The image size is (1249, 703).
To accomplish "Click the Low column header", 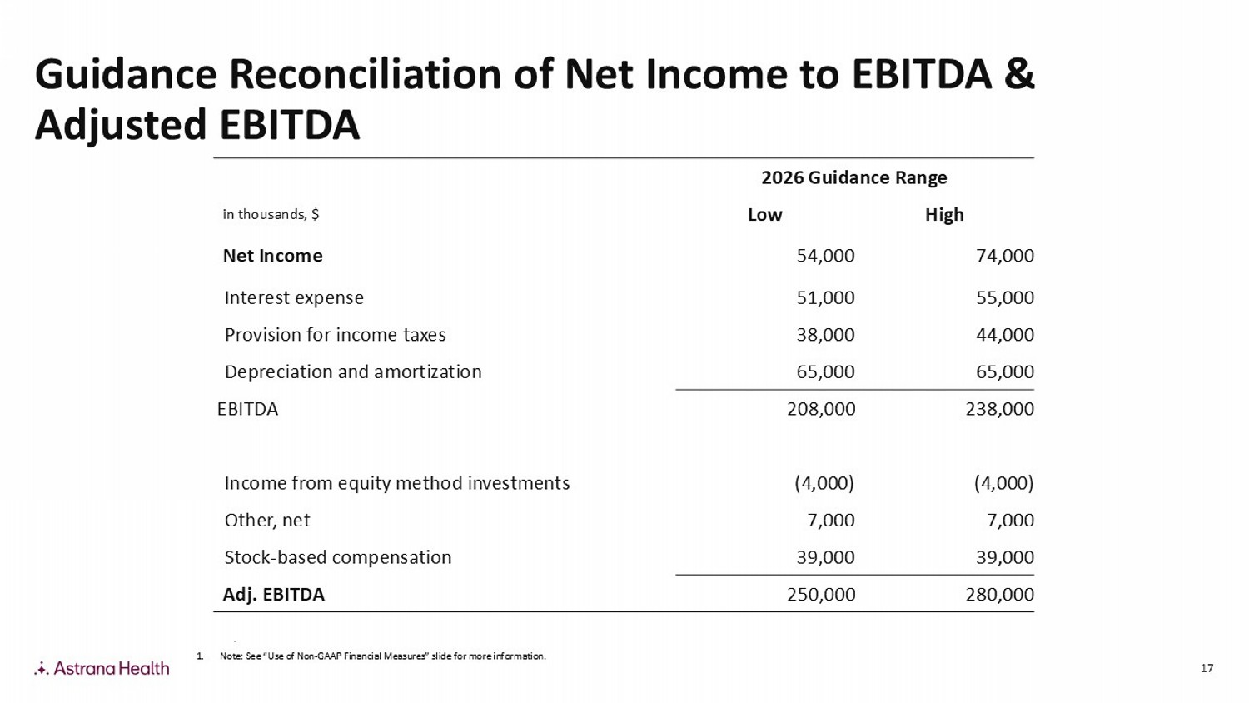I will pyautogui.click(x=764, y=215).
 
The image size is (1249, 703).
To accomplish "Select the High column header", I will pyautogui.click(x=944, y=215).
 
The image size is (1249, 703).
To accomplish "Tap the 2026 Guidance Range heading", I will pyautogui.click(x=854, y=177).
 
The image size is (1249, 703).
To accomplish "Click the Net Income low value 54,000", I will pyautogui.click(x=825, y=256).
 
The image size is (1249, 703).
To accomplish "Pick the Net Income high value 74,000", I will pyautogui.click(x=1004, y=256).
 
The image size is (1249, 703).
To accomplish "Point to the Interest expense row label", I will pyautogui.click(x=294, y=297).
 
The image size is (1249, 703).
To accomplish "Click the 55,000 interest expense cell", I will pyautogui.click(x=1004, y=297).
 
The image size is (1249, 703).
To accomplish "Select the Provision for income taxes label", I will pyautogui.click(x=335, y=335).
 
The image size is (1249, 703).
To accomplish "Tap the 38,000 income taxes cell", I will pyautogui.click(x=825, y=335).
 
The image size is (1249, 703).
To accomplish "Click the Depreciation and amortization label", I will pyautogui.click(x=353, y=371).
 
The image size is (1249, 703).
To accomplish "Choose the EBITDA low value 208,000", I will pyautogui.click(x=821, y=409).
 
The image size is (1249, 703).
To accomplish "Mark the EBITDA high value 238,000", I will pyautogui.click(x=999, y=409).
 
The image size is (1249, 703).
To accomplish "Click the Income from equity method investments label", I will pyautogui.click(x=397, y=483).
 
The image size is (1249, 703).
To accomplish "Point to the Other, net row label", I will pyautogui.click(x=267, y=521).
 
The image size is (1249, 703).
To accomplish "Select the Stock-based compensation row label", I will pyautogui.click(x=337, y=557).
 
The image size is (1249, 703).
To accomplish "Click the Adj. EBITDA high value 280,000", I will pyautogui.click(x=999, y=595).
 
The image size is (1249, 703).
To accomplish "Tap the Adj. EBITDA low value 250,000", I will pyautogui.click(x=821, y=595).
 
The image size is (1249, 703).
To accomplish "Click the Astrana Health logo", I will pyautogui.click(x=102, y=668).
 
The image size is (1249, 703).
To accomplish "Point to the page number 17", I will pyautogui.click(x=1207, y=668).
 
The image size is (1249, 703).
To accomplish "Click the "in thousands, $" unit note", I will pyautogui.click(x=271, y=215).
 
